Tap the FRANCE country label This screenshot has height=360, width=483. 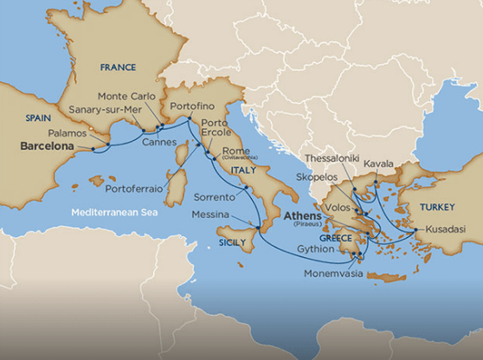tap(118, 67)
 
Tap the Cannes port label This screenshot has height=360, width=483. tap(159, 141)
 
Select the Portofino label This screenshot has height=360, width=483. tap(193, 106)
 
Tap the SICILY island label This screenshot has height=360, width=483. tap(233, 244)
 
